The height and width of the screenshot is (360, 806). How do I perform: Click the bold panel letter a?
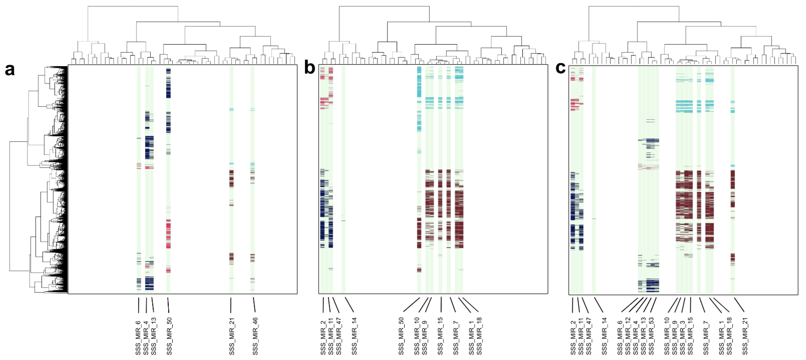point(9,69)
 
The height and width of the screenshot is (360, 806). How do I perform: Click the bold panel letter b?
point(309,68)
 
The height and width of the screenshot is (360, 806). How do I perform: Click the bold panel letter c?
point(560,68)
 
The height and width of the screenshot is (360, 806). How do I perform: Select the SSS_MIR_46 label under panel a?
point(255,336)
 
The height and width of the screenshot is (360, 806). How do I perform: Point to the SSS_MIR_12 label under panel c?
point(628,336)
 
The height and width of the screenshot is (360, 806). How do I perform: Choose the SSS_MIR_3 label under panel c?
point(682,336)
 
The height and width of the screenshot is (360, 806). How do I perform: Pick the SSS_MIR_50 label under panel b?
point(401,336)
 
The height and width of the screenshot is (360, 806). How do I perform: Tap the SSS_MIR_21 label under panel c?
point(745,336)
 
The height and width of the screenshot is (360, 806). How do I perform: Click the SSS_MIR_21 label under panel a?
point(232,336)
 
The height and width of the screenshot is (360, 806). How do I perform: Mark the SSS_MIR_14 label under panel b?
point(354,336)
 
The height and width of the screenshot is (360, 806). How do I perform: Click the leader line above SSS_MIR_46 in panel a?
point(254,305)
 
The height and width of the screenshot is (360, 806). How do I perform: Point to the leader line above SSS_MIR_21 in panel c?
point(739,305)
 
